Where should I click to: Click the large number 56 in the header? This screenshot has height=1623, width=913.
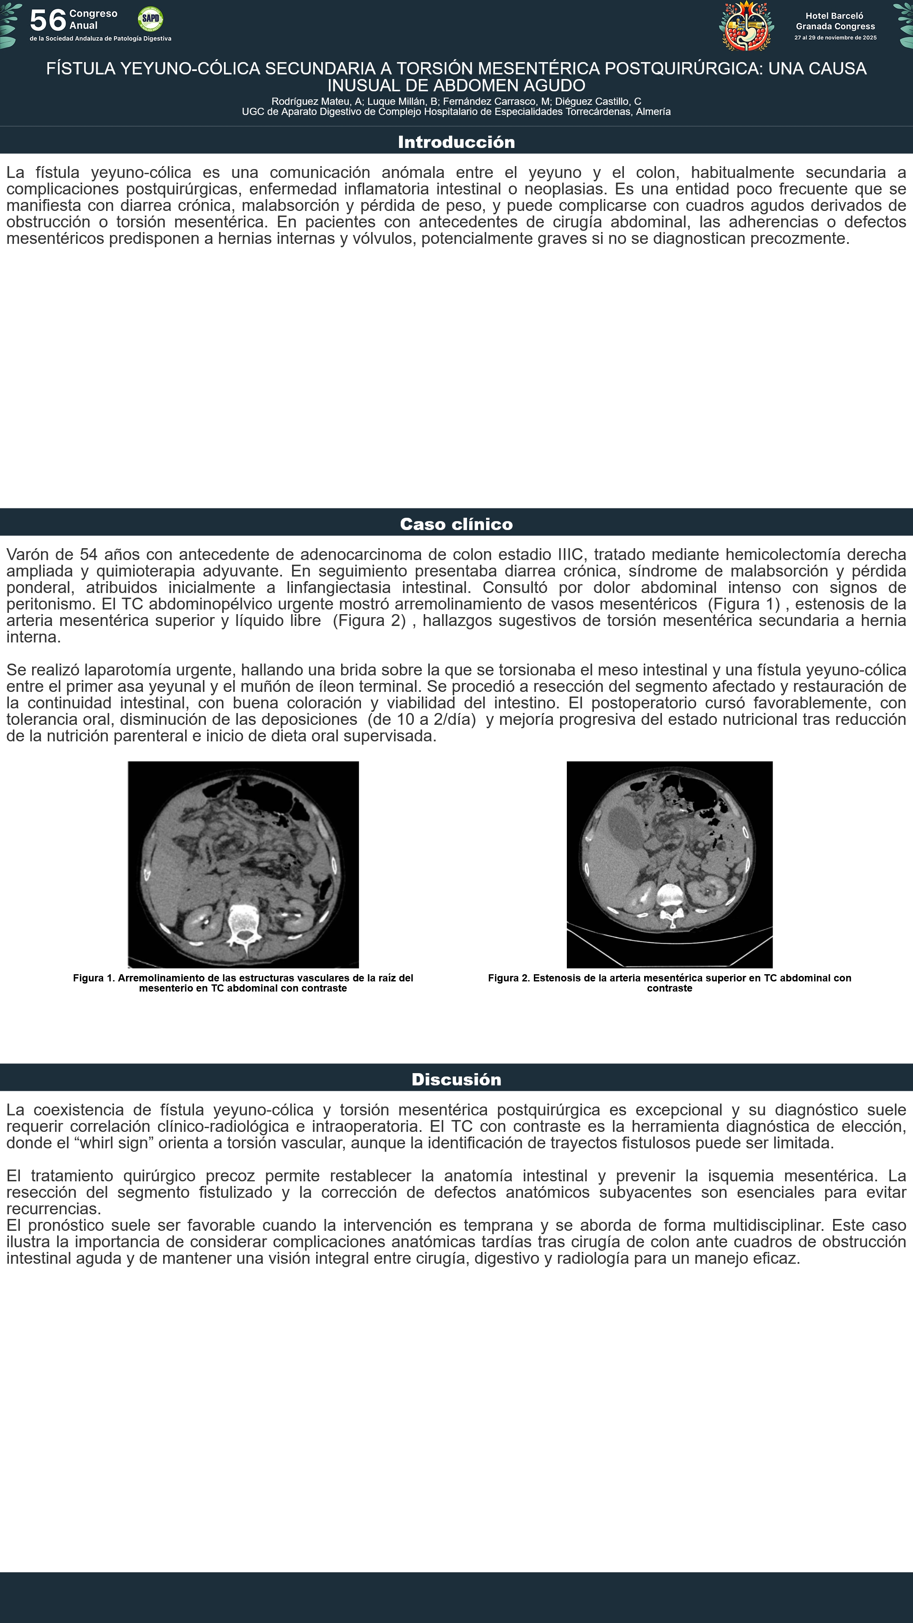pos(48,20)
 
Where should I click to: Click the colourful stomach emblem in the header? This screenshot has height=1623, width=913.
pos(746,27)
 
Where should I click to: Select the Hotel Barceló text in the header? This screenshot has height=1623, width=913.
pos(834,16)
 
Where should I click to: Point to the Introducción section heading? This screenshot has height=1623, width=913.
pos(456,142)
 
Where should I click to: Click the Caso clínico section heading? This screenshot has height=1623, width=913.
pos(456,524)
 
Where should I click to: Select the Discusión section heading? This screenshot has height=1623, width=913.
pos(456,1079)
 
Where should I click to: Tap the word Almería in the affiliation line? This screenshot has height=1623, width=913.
pos(653,112)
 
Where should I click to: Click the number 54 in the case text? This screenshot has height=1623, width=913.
pos(89,555)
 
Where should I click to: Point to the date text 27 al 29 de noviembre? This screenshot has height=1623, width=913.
pos(835,38)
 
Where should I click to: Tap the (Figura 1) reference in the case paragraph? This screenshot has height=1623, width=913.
pos(744,604)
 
